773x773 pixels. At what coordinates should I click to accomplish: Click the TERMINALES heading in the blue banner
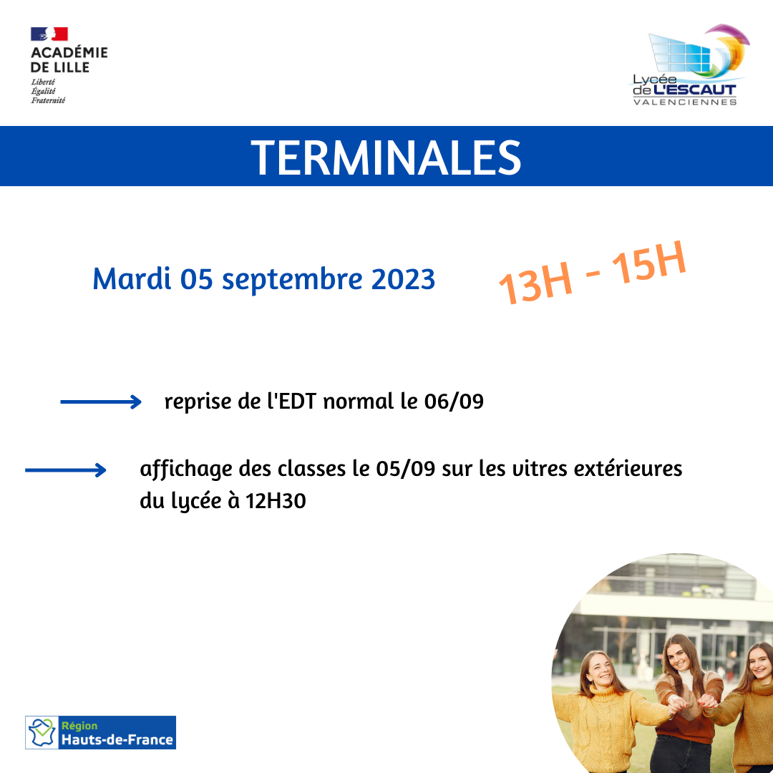pos(386,157)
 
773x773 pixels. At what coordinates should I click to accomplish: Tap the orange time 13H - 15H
pos(592,273)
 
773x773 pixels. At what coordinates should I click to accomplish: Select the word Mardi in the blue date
pos(132,278)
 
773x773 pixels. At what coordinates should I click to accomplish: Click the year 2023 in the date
pos(403,279)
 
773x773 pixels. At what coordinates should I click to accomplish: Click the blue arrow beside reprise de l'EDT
pos(101,402)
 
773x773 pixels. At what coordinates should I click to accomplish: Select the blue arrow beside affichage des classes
pos(66,470)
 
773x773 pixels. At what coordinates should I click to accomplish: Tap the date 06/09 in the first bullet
pos(454,402)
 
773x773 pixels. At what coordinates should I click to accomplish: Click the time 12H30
pos(276,501)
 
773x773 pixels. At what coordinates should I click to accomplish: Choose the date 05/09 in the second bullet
pos(406,468)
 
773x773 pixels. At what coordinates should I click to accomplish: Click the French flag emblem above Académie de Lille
pos(49,34)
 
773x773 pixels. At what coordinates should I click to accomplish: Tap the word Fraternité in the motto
pos(49,101)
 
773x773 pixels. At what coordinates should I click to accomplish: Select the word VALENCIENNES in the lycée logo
pos(685,102)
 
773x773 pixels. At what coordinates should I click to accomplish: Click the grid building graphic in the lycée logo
pos(681,53)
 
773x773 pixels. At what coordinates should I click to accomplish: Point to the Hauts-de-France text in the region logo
pos(117,739)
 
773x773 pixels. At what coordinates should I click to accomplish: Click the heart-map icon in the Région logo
pos(42,733)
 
